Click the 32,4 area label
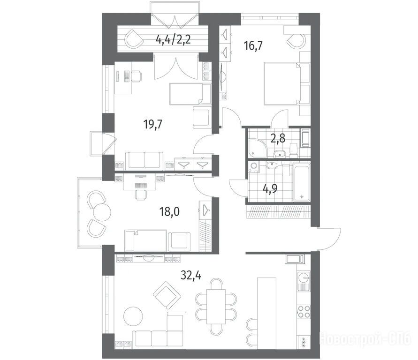[x=191, y=275]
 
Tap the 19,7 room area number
[x=153, y=124]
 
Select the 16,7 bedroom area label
[x=253, y=46]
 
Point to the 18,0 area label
[x=169, y=212]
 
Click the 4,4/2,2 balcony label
[x=173, y=40]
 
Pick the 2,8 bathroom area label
[x=278, y=138]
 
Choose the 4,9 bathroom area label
[x=270, y=188]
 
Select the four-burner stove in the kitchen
[x=304, y=312]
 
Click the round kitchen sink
[x=304, y=277]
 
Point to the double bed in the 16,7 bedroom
[x=282, y=83]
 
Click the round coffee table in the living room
[x=133, y=316]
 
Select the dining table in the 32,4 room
[x=216, y=306]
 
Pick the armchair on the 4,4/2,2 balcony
[x=134, y=39]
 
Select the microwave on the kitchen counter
[x=294, y=259]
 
